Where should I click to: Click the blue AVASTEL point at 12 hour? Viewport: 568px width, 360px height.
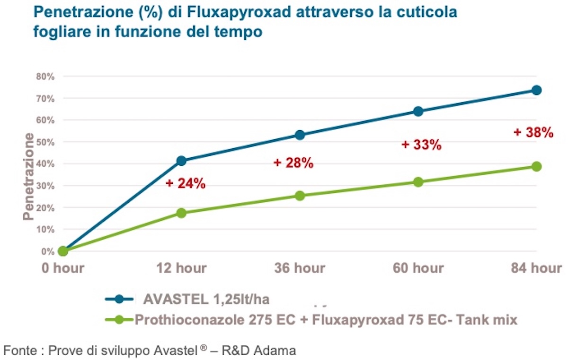coord(181,161)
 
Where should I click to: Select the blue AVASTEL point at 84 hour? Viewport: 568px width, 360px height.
coord(536,90)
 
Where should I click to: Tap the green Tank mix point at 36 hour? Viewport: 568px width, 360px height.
coord(300,196)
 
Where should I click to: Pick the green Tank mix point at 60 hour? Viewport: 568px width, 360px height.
coord(418,182)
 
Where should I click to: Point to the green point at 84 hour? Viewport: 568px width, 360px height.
coord(536,166)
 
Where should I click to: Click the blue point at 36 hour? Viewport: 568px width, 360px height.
coord(300,135)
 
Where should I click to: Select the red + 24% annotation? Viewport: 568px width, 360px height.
coord(186,183)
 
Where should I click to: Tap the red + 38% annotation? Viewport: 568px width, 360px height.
coord(533,133)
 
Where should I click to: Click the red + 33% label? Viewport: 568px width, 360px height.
coord(421,145)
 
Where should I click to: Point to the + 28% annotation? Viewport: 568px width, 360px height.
coord(293,163)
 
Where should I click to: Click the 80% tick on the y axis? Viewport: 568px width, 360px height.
coord(45,76)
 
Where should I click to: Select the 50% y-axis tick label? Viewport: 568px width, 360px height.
coord(45,142)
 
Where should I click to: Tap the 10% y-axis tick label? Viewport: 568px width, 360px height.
coord(45,229)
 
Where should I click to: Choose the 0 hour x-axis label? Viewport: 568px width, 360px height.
coord(62,268)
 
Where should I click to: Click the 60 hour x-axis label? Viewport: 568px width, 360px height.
coord(418,268)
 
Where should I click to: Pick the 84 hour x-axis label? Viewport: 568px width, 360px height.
coord(536,268)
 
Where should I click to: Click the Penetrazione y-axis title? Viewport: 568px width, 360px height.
coord(29,176)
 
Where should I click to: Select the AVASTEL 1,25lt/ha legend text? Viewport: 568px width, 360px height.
coord(208,299)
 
